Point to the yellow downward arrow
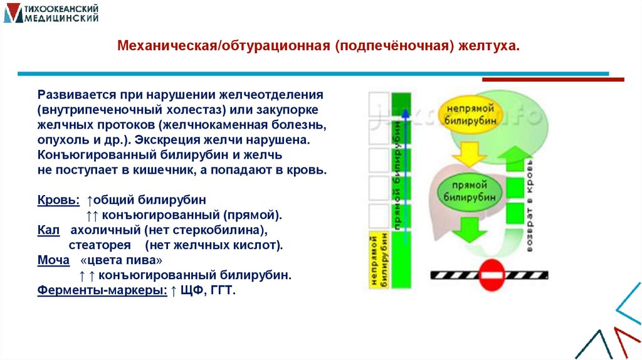(465, 151)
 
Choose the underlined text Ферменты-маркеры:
(102, 290)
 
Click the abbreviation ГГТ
(223, 290)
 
